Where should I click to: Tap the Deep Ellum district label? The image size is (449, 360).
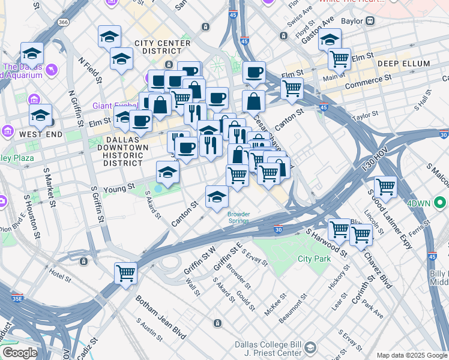(x=403, y=64)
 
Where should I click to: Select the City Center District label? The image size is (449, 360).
(x=163, y=47)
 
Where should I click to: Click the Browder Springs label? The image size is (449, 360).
(x=238, y=217)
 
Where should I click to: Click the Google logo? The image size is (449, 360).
(x=19, y=353)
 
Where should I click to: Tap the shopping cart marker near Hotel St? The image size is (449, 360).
(x=126, y=273)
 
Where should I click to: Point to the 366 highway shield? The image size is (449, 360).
(x=63, y=22)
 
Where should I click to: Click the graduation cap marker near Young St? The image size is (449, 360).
(x=167, y=173)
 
